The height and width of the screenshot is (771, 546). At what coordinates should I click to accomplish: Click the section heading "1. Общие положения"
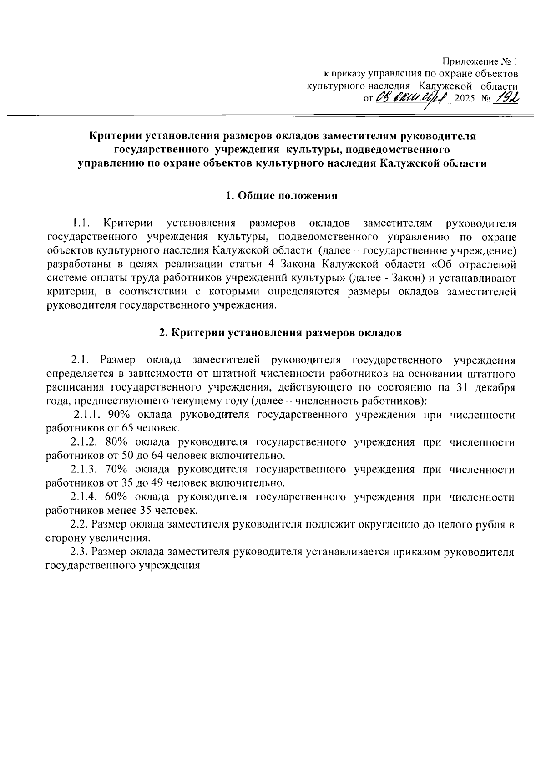point(282,196)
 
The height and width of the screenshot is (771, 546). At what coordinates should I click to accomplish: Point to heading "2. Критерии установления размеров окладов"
point(280,333)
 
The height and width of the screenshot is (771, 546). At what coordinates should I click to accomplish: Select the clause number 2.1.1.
point(89,415)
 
